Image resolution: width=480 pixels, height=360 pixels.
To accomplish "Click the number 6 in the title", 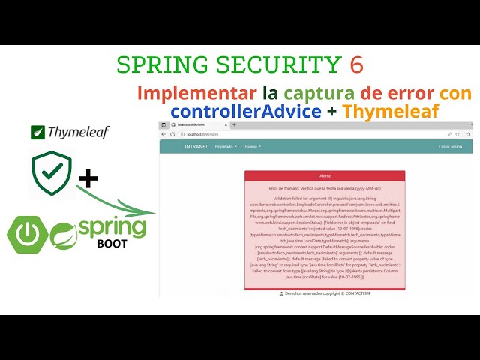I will (356, 65).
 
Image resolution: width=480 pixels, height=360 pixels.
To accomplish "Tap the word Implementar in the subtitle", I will (196, 93).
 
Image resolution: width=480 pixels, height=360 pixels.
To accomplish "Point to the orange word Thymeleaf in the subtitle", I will (390, 110).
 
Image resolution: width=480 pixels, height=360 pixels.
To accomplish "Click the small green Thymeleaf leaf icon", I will (37, 133).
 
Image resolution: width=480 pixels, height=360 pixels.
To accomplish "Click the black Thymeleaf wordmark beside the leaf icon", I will (78, 133).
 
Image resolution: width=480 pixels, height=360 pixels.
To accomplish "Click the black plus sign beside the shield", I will (88, 178).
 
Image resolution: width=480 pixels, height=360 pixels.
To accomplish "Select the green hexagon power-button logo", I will (28, 234).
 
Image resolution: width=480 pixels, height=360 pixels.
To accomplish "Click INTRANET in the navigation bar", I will (196, 147).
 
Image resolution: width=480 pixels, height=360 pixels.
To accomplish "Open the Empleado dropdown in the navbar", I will (226, 147).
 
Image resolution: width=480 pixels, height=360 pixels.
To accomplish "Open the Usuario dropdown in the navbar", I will (252, 147).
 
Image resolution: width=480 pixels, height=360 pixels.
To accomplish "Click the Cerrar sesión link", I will (451, 147).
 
